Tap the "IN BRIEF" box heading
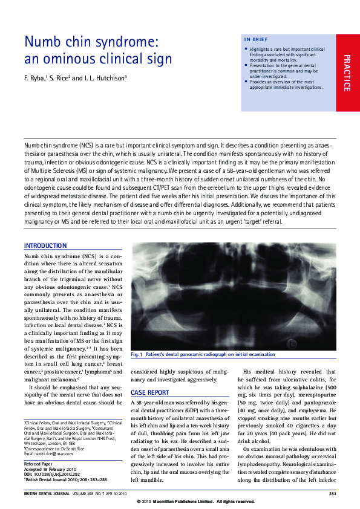point(256,40)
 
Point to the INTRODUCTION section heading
point(45,246)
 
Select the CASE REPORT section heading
point(150,393)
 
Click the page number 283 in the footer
point(332,494)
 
